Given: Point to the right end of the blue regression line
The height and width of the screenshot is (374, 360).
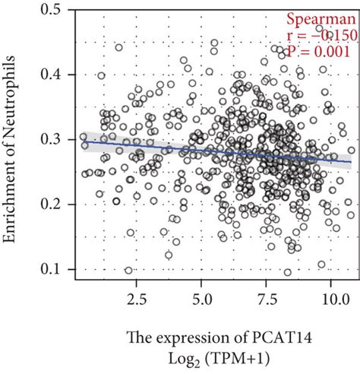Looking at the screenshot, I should (351, 161).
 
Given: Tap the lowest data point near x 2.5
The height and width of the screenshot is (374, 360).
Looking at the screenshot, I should (128, 270).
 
